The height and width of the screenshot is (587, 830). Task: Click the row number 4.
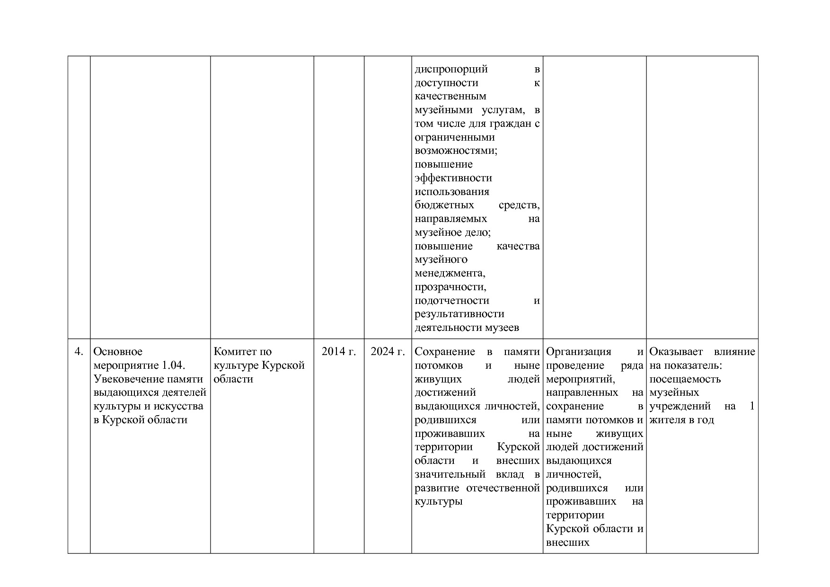(79, 352)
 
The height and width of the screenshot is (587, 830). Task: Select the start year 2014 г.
(339, 352)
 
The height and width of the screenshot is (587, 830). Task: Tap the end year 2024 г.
(388, 352)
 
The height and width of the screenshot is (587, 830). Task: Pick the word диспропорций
(451, 69)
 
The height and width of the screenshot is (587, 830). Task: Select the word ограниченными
(455, 137)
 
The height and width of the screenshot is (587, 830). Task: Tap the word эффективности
(453, 178)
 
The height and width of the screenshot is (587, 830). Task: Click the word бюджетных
(444, 205)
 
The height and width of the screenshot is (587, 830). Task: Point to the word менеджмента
(450, 273)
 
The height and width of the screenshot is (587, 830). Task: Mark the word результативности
(459, 314)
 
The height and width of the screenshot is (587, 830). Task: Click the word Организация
(578, 352)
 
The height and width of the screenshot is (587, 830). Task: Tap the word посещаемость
(685, 379)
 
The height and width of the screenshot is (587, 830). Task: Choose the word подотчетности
(452, 301)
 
